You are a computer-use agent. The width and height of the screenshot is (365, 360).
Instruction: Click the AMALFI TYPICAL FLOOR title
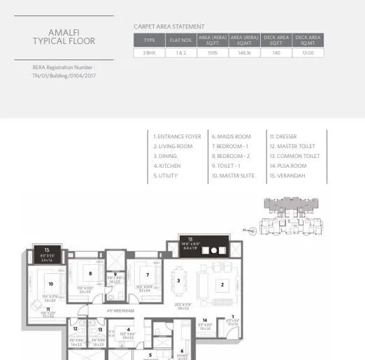[x=63, y=36]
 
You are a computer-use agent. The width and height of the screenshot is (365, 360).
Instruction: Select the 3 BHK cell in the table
[x=149, y=52]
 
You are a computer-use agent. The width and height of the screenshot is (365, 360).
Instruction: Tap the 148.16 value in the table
[x=244, y=52]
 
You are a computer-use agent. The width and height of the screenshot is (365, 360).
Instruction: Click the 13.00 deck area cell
[x=308, y=52]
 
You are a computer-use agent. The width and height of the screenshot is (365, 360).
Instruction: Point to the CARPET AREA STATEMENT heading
[x=169, y=27]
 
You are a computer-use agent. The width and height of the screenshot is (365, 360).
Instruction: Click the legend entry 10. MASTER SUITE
[x=234, y=175]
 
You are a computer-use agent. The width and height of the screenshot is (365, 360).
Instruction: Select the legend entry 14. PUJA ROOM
[x=288, y=166]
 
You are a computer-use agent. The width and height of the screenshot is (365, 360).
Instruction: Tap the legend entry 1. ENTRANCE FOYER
[x=178, y=136]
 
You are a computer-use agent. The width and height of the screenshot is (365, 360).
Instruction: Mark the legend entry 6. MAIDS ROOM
[x=231, y=136]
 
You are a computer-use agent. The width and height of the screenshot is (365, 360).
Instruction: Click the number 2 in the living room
[x=222, y=285]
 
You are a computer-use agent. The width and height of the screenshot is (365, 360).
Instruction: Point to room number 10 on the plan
[x=50, y=284]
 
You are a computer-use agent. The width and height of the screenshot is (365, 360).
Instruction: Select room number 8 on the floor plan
[x=91, y=273]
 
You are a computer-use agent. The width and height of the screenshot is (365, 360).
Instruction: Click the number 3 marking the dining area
[x=178, y=280]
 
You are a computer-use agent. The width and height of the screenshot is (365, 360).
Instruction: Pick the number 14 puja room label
[x=205, y=319]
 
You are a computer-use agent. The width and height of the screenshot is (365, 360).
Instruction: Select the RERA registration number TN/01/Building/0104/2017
[x=64, y=75]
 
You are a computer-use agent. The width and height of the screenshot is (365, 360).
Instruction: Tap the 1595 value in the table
[x=213, y=52]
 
